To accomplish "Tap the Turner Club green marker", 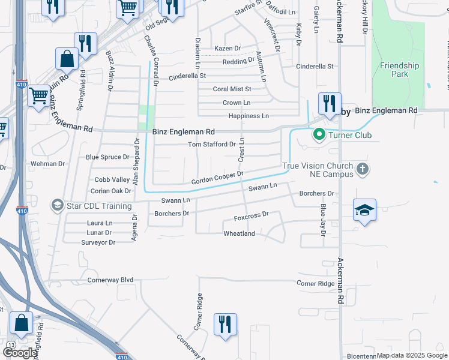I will tap(319, 135).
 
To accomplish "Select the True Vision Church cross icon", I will tap(362, 170).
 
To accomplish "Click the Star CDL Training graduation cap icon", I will tap(58, 206).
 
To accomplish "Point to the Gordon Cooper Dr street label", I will tap(217, 178).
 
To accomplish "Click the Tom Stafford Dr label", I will tap(212, 145).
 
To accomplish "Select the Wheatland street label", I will tap(239, 233).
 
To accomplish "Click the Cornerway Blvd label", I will tap(110, 280).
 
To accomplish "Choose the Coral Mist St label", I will tap(232, 89).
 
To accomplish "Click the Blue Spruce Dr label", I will tap(107, 157).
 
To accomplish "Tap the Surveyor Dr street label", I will tap(98, 242).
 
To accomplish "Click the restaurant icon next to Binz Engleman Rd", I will tap(330, 103).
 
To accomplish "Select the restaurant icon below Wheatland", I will tap(225, 324).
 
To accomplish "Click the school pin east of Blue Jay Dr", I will tap(364, 209).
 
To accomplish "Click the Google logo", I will tap(20, 353).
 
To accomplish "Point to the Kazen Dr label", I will tap(228, 48).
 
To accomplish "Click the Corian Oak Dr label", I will tap(110, 191).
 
